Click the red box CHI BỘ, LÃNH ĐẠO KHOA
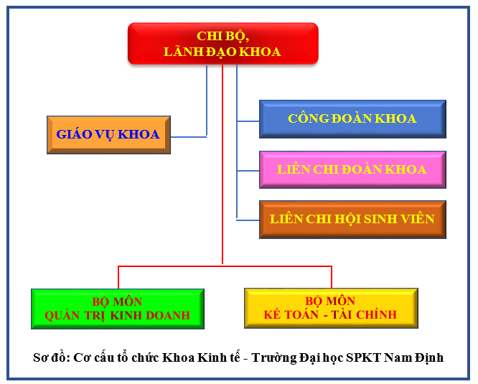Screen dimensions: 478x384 point(223,44)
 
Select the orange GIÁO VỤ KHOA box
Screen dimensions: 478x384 point(108,135)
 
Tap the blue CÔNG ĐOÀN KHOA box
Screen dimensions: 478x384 point(352,119)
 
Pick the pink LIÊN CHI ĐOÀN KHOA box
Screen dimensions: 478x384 point(352,169)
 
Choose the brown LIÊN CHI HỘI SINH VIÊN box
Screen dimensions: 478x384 point(352,220)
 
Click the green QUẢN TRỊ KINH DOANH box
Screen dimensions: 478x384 point(118,309)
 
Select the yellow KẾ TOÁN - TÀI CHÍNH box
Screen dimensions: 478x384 point(331,308)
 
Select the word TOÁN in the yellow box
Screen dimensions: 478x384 point(300,314)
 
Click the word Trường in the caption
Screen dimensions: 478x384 point(273,357)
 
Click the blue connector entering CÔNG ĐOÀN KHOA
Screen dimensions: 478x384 point(248,121)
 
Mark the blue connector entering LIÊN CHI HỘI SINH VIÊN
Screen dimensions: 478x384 point(248,220)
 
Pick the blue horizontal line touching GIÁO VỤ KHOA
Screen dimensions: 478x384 point(189,137)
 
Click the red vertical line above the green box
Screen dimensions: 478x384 point(118,277)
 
